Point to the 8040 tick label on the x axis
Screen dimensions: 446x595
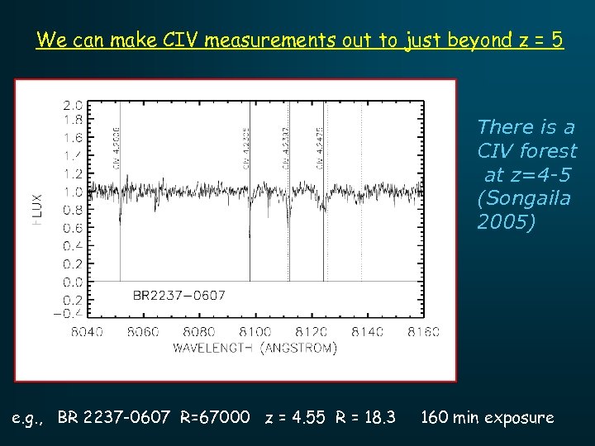[x=88, y=332]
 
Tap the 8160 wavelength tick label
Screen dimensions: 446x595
[x=424, y=332]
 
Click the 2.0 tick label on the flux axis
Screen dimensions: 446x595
[x=73, y=106]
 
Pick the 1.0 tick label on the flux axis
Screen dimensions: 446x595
[x=73, y=192]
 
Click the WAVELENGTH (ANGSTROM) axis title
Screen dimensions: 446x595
[x=255, y=349]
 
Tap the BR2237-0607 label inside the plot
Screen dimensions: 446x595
[x=179, y=295]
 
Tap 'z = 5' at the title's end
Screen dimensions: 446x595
[x=541, y=40]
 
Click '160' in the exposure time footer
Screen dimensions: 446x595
[x=436, y=417]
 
